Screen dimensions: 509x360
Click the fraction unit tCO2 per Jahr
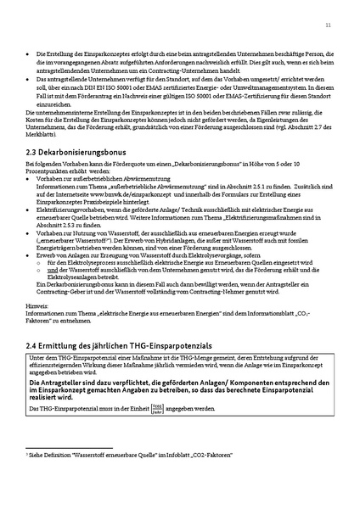(x=134, y=410)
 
